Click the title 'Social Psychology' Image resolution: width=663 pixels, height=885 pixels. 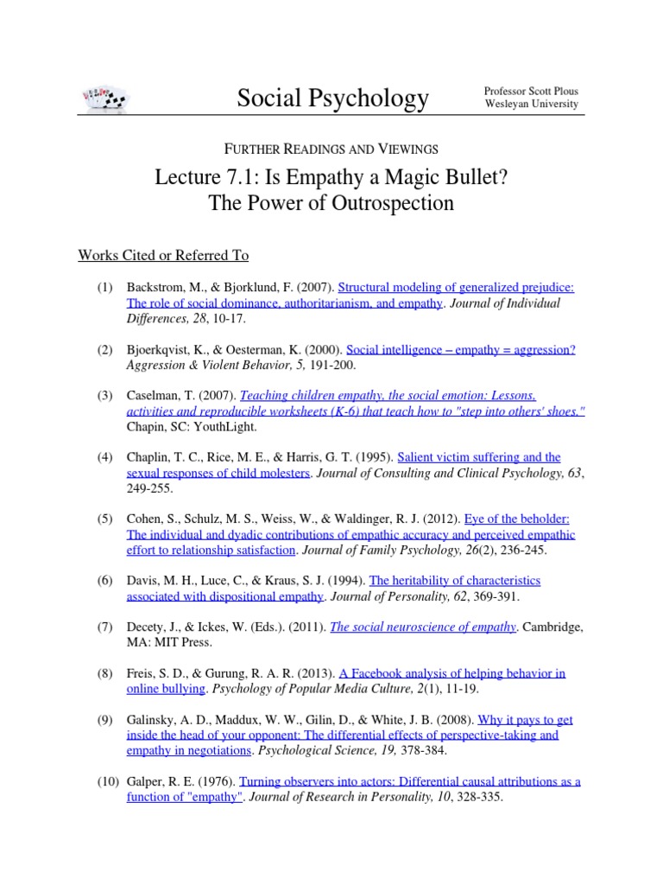(332, 99)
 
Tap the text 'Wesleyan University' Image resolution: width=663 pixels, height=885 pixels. (531, 105)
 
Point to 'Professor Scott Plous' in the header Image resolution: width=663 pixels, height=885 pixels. (531, 91)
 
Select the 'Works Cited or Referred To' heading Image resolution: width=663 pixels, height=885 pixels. (163, 255)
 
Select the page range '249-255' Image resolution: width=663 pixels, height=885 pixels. (149, 488)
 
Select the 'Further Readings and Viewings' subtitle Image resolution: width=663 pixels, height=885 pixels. (331, 149)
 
